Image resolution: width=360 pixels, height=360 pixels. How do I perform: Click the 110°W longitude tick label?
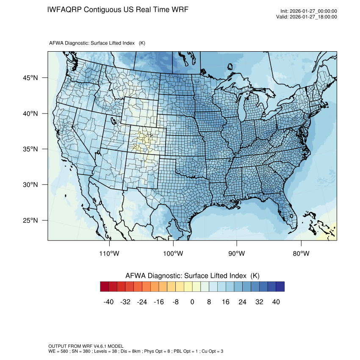tap(109, 254)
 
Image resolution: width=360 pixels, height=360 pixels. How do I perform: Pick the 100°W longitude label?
tap(173, 254)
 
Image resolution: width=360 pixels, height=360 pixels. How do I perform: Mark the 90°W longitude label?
tap(237, 254)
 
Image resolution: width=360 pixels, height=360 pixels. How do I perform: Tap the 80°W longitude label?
tap(301, 254)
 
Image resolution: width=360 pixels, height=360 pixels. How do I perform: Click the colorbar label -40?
tap(109, 302)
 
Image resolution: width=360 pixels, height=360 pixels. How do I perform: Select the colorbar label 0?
tap(192, 302)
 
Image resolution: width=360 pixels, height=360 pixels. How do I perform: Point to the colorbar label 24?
tap(242, 302)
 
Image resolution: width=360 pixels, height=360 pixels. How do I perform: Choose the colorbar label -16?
tap(159, 302)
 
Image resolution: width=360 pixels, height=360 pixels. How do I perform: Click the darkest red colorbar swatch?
tap(105, 287)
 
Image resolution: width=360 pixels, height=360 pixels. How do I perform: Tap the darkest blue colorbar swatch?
tap(280, 287)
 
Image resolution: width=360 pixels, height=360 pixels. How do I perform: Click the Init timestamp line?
tap(308, 11)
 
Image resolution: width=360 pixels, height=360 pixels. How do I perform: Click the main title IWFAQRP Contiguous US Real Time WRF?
tap(118, 9)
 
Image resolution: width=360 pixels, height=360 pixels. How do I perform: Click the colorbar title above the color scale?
tap(192, 276)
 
